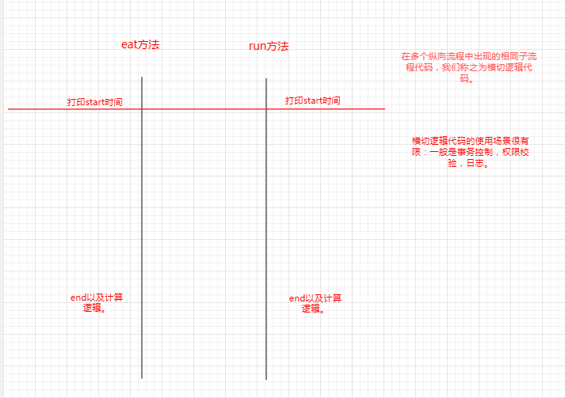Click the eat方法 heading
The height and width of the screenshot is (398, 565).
point(140,45)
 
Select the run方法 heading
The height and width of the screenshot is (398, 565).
point(269,47)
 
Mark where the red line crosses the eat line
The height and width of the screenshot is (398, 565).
point(142,108)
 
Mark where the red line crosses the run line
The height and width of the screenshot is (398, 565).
point(266,108)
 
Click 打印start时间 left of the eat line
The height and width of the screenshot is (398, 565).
point(94,102)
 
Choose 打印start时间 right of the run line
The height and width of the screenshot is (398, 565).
point(313,100)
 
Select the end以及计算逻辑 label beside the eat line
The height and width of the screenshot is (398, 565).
point(97,303)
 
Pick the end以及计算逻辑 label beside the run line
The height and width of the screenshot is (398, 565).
point(315,304)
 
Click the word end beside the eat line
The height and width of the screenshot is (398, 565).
point(78,298)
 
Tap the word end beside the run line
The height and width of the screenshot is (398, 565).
point(296,298)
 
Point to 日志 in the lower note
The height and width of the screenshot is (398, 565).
point(475,165)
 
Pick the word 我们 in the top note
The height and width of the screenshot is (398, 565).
point(449,68)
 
